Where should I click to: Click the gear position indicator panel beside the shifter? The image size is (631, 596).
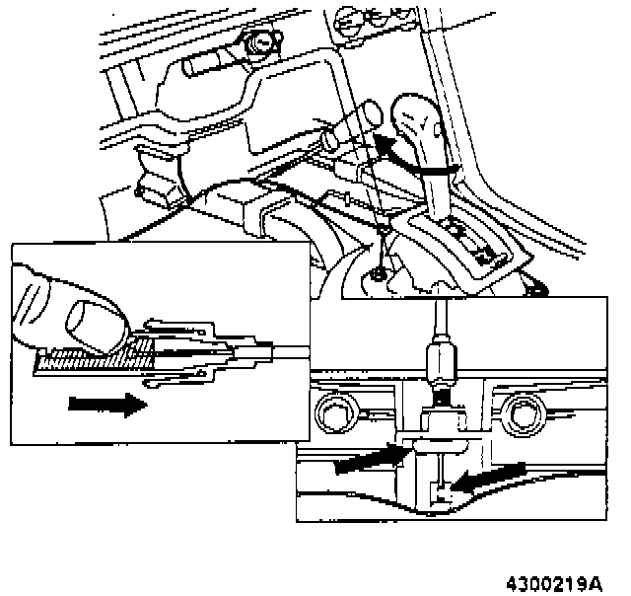pos(473,247)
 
